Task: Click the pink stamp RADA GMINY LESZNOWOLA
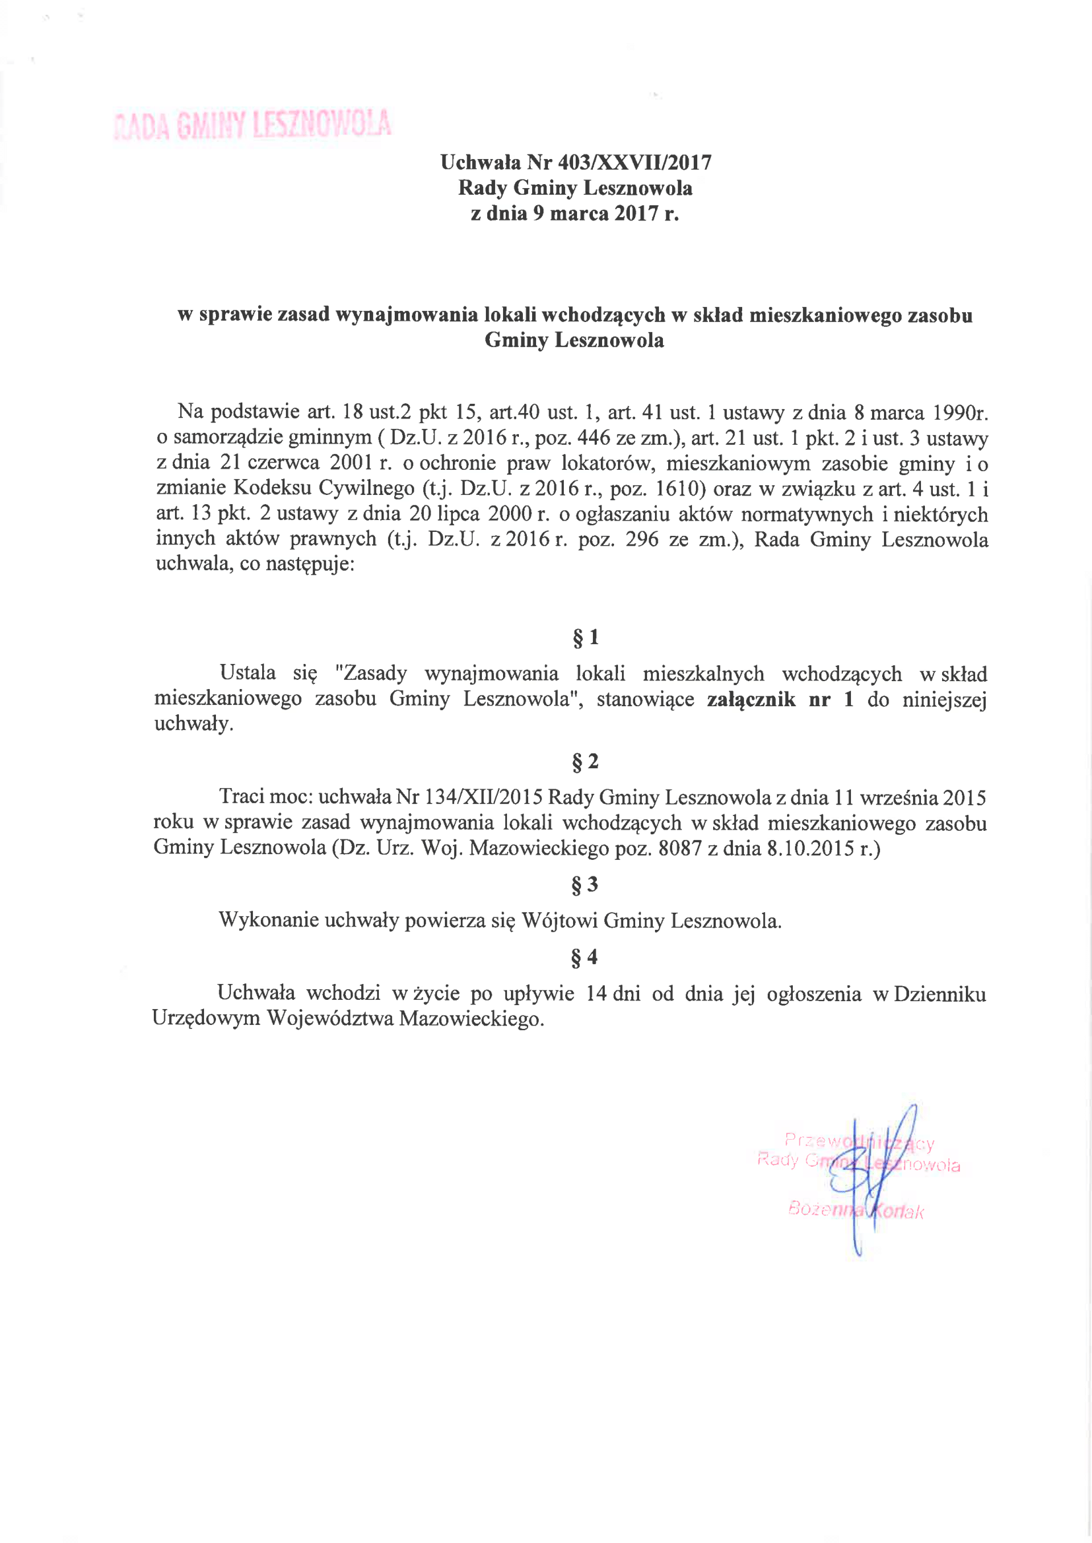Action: point(253,124)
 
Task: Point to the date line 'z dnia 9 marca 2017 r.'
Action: point(575,214)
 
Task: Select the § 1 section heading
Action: point(585,637)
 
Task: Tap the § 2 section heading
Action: point(585,762)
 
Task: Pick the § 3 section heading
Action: point(584,884)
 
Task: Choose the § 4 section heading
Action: point(584,957)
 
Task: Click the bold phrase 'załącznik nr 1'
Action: point(780,700)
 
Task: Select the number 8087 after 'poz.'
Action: point(680,848)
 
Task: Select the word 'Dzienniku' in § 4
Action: point(940,994)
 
